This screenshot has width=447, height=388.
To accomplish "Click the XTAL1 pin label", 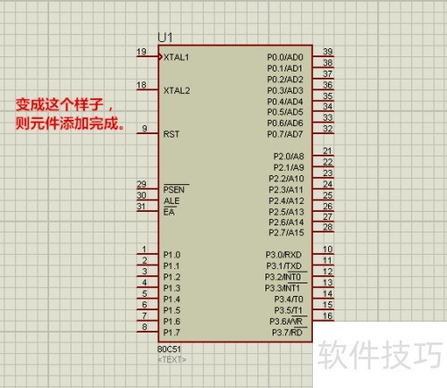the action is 176,57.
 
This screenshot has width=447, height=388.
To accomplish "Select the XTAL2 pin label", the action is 176,90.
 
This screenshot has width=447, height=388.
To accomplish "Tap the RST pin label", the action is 172,134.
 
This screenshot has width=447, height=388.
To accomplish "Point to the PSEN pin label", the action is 174,190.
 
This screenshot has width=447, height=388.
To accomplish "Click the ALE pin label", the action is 172,201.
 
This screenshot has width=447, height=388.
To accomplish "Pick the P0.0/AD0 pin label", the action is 285,57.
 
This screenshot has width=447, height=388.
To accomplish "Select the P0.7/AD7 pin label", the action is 285,134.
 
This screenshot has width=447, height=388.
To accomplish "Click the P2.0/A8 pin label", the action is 289,156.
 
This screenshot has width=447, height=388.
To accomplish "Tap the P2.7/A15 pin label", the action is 286,232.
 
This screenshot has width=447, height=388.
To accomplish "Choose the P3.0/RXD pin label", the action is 283,255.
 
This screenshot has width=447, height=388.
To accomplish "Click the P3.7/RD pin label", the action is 287,333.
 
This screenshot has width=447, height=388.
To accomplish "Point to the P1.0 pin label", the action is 172,255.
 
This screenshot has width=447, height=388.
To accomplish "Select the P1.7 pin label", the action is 172,333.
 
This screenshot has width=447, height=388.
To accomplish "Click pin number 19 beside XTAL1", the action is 141,52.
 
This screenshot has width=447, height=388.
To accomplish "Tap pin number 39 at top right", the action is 328,52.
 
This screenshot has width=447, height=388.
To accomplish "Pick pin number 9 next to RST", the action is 145,129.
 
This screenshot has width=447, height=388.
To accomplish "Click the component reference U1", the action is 165,38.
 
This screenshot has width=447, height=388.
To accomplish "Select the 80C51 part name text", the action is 169,349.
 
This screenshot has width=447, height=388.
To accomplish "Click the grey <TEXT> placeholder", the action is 172,359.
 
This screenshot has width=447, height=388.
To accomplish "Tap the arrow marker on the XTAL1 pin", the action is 161,56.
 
